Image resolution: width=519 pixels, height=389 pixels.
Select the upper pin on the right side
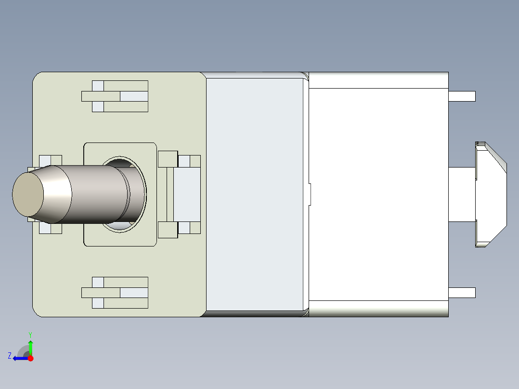tap(462, 96)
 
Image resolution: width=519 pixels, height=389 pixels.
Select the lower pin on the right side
tap(462, 293)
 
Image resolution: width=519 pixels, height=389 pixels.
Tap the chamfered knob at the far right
tap(491, 194)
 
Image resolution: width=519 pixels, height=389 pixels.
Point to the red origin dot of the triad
tap(31, 358)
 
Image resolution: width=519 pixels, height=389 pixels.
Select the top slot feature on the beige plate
tap(115, 96)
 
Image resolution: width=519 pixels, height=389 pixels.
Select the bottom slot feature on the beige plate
tap(115, 293)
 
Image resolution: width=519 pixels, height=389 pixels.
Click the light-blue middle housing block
tap(254, 194)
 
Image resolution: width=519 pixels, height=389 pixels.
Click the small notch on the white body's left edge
tap(310, 194)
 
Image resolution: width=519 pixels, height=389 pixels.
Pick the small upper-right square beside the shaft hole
tap(168, 159)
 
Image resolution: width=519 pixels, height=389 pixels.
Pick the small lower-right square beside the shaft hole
tap(168, 230)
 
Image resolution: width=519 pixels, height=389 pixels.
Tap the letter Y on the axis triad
tap(30, 334)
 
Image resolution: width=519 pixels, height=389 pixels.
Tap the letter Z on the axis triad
tap(10, 356)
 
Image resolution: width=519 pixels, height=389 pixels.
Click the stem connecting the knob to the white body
tap(462, 194)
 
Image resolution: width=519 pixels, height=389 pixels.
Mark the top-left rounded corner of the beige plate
tap(38, 78)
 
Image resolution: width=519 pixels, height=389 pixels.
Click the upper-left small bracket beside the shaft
tap(50, 160)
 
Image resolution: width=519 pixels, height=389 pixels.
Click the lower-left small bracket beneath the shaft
tap(50, 229)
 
